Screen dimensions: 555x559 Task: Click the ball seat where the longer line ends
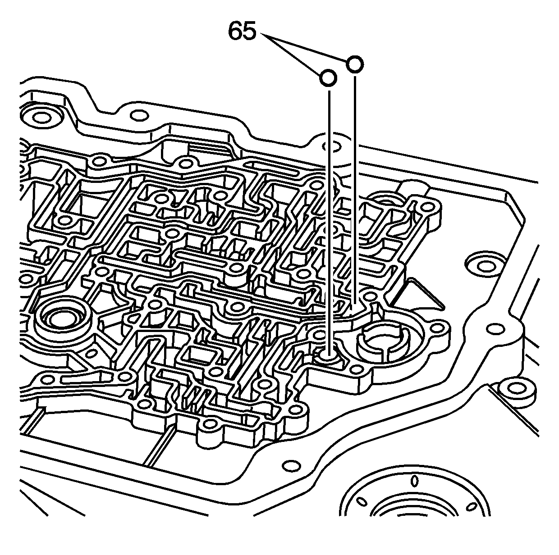point(329,357)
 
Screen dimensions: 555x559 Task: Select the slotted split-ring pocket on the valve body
point(383,342)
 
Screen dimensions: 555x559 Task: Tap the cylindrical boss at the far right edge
point(514,387)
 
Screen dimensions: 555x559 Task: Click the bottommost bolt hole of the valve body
point(210,423)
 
